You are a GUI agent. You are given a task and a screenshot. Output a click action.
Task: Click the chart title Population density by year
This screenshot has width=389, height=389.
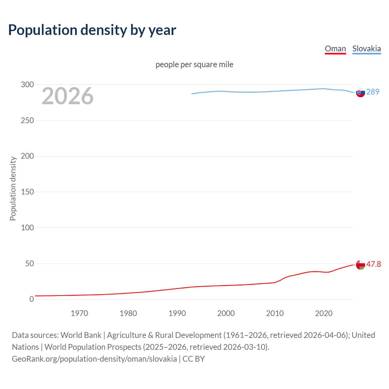(x=92, y=30)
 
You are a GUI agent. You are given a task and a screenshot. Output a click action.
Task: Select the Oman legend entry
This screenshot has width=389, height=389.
(x=335, y=49)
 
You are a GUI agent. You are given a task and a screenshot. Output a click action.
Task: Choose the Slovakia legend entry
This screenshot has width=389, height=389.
(x=366, y=49)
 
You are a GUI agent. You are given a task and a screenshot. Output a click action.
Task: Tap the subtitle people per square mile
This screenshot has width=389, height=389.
(x=194, y=64)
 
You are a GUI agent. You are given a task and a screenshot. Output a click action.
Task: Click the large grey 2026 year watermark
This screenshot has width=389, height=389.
(x=67, y=96)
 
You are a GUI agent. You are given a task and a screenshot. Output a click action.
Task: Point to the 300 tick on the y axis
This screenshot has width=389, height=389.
(x=27, y=84)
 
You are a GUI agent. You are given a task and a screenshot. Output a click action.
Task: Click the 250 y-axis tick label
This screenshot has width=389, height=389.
(x=27, y=120)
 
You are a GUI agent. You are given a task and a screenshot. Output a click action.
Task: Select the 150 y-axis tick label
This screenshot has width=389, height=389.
(x=27, y=192)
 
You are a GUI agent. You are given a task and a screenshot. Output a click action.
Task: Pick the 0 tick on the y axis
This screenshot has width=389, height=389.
(x=32, y=299)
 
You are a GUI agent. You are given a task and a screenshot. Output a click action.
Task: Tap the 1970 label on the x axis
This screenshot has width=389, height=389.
(x=79, y=313)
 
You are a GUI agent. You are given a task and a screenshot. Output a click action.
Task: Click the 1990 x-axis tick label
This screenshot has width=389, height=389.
(x=177, y=313)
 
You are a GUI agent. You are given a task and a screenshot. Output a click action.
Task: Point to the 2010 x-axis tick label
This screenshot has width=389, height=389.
(x=275, y=313)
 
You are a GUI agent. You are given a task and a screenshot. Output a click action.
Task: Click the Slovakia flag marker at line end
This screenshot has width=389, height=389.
(x=360, y=92)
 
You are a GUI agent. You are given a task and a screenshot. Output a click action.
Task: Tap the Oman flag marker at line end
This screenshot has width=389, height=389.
(x=360, y=265)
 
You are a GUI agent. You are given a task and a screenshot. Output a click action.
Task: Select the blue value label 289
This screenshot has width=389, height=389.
(x=373, y=92)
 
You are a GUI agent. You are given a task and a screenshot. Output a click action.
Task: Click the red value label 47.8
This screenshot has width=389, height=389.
(x=374, y=264)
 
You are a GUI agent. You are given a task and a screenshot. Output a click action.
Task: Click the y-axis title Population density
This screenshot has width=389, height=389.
(x=13, y=188)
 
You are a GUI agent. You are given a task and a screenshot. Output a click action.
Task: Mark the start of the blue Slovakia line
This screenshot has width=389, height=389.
(x=192, y=94)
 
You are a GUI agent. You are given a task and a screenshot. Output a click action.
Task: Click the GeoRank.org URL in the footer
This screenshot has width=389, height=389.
(x=94, y=359)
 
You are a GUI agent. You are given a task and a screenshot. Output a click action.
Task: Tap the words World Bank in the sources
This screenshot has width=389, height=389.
(x=81, y=335)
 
